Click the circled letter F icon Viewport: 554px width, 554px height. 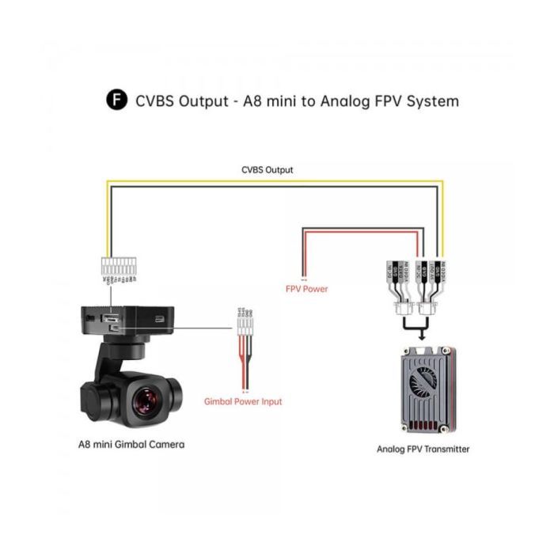pyautogui.click(x=116, y=101)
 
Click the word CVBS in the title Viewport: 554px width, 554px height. pyautogui.click(x=156, y=101)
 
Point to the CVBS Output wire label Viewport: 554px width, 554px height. pyautogui.click(x=267, y=169)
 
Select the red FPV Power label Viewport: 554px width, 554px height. pyautogui.click(x=306, y=289)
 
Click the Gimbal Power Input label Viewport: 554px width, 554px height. pyautogui.click(x=243, y=401)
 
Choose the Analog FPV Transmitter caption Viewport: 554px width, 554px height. pyautogui.click(x=423, y=449)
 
